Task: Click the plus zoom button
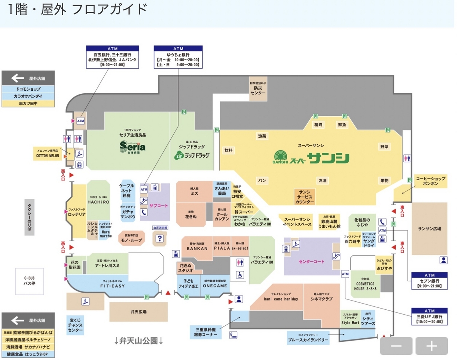tap(431, 346)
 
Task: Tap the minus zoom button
tap(396, 346)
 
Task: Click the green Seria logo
tap(133, 147)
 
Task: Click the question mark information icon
tap(160, 238)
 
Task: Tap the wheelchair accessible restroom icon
tap(240, 274)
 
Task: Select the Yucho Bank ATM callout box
tap(178, 57)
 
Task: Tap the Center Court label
tap(312, 262)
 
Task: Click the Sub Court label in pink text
tap(158, 206)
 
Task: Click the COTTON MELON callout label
tap(48, 153)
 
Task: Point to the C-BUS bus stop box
tap(29, 280)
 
